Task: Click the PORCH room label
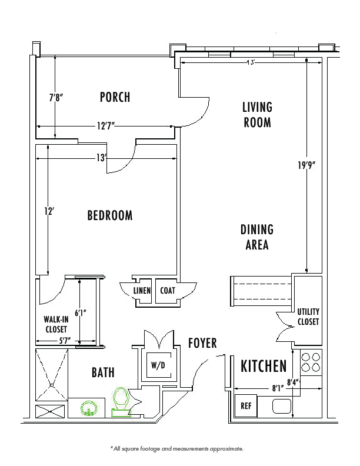point(115,97)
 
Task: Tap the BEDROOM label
point(110,215)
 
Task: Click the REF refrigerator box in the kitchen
point(246,405)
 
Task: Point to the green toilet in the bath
point(121,402)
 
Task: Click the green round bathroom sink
point(89,408)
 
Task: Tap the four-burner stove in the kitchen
point(311,362)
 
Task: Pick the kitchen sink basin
point(282,406)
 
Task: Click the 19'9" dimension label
point(306,165)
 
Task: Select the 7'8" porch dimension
point(56,97)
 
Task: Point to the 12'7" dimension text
point(106,126)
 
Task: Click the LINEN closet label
point(142,290)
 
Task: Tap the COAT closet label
point(168,290)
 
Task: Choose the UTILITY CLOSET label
point(308,317)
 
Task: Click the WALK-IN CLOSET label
point(56,324)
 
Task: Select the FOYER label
point(202,343)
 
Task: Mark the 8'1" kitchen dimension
point(278,388)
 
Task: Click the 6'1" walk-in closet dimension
point(80,313)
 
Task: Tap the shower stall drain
point(51,385)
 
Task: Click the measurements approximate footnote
point(177,449)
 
